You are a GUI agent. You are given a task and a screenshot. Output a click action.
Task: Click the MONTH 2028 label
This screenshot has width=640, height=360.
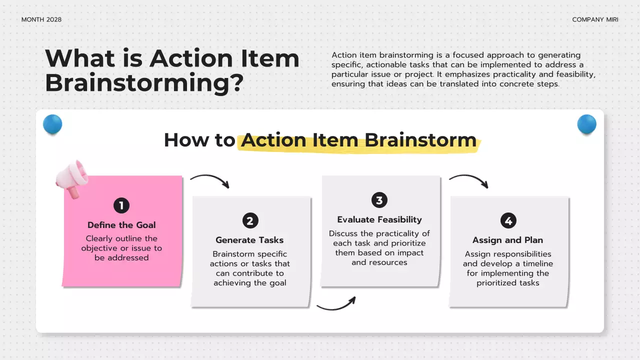(41, 19)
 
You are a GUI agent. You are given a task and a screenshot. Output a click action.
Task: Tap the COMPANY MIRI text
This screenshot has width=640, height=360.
(595, 19)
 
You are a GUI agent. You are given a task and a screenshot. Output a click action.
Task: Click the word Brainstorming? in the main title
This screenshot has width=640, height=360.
(144, 83)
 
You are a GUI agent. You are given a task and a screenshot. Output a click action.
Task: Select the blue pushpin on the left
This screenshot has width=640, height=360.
(52, 124)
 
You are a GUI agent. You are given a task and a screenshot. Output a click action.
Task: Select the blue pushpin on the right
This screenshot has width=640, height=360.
(586, 124)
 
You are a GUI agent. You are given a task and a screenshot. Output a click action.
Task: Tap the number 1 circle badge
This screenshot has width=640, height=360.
(121, 205)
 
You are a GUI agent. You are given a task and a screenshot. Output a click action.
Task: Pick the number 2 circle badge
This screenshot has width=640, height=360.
(250, 220)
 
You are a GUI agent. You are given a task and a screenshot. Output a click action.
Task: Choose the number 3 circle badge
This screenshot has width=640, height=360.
(379, 200)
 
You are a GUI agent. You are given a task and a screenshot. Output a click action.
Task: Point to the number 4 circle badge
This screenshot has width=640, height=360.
(508, 220)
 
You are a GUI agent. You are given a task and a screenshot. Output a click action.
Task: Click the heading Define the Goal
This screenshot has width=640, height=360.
(121, 225)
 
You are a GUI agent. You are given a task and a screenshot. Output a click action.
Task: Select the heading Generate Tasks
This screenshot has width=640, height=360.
(249, 240)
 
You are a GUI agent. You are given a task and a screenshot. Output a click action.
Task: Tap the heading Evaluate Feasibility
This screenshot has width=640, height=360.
(379, 219)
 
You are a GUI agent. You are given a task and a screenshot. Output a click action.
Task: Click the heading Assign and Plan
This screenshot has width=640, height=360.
(507, 240)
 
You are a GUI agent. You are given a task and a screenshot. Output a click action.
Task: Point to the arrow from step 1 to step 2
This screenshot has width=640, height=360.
(210, 180)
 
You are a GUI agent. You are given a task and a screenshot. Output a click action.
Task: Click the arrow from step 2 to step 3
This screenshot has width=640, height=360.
(336, 304)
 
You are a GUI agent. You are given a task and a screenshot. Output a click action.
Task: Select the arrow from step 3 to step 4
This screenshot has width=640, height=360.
(468, 180)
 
